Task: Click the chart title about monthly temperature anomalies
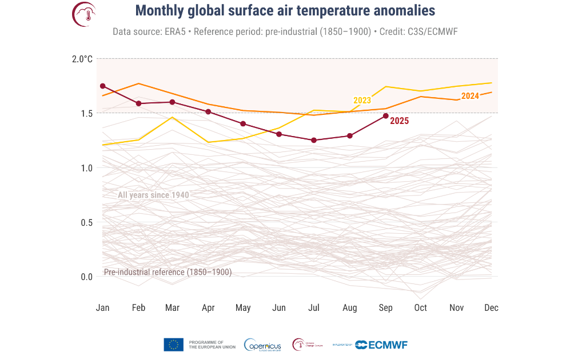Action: [285, 11]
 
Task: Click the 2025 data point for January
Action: [103, 86]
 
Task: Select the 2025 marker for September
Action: [385, 116]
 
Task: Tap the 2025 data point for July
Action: [314, 140]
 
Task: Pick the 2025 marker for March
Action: [172, 102]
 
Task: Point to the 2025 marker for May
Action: [243, 123]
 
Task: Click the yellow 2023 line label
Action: [362, 101]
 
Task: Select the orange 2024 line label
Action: [470, 96]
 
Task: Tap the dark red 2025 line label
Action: [399, 121]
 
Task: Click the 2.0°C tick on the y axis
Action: [82, 59]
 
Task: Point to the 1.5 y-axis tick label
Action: [86, 113]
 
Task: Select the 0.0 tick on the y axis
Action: [86, 277]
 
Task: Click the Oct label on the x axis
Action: [420, 308]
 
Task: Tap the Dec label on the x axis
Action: [491, 308]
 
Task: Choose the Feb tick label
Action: [138, 308]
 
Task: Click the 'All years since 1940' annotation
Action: [153, 195]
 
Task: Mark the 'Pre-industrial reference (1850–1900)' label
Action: [168, 273]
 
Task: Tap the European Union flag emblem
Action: [173, 345]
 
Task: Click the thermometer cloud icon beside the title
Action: [84, 14]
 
